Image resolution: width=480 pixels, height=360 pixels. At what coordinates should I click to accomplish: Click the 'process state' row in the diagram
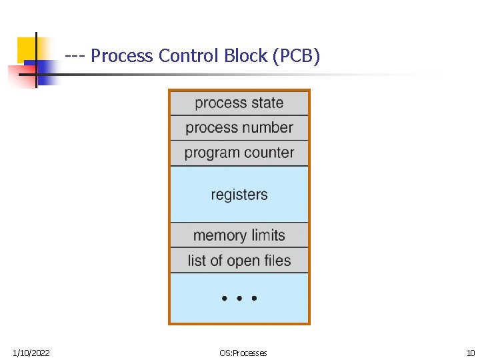(x=239, y=103)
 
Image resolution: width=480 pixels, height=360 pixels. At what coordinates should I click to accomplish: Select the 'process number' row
(x=239, y=128)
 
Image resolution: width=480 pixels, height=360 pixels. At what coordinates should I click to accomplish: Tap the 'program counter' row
(x=239, y=153)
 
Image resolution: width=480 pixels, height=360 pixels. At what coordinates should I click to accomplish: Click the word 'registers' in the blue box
(x=239, y=195)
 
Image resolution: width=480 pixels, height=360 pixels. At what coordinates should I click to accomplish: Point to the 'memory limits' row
(x=239, y=235)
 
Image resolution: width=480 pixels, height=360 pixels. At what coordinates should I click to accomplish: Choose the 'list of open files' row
(x=239, y=261)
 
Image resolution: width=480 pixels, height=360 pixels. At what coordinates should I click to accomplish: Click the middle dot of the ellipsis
(x=239, y=299)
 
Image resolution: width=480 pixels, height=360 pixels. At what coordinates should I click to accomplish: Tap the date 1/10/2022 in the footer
(x=31, y=353)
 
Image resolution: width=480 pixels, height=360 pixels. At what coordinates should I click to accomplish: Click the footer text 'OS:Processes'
(x=243, y=353)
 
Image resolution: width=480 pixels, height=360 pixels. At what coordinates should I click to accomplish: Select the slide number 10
(x=470, y=353)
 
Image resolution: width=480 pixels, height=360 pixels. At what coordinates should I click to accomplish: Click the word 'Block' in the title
(x=245, y=56)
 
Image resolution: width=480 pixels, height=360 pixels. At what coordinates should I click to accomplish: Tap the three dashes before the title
(x=75, y=56)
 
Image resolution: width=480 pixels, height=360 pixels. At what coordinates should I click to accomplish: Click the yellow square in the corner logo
(x=27, y=48)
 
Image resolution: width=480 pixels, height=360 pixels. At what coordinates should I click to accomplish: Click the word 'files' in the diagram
(x=276, y=261)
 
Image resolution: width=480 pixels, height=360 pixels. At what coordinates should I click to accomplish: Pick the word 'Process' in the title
(x=123, y=56)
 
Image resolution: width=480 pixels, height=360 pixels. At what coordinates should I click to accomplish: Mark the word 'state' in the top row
(x=267, y=103)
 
